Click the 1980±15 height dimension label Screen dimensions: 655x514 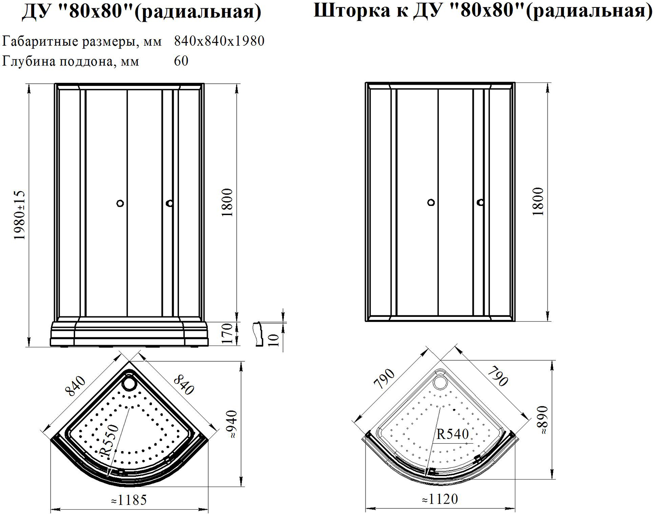tap(20, 215)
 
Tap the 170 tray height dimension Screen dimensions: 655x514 tap(227, 333)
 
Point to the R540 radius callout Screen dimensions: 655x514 tap(453, 434)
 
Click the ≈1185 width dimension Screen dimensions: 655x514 tap(129, 500)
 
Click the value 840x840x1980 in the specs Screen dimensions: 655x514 tap(219, 41)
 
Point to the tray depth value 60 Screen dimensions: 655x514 tap(181, 61)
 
